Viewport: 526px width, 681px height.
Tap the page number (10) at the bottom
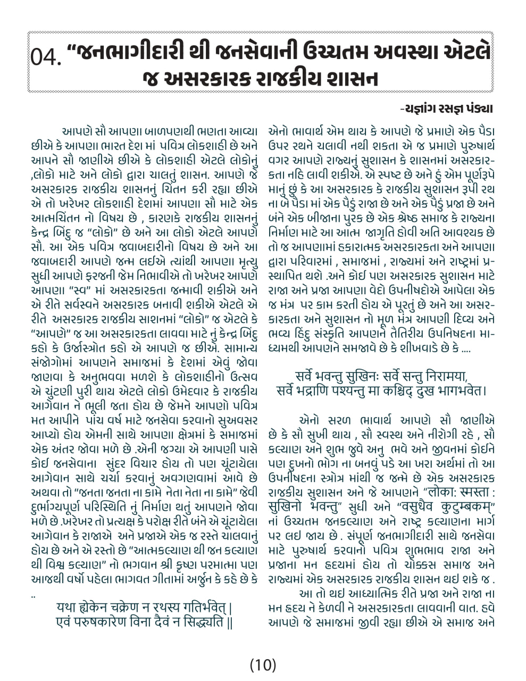tap(263, 664)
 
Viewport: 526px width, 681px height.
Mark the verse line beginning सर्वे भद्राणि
tap(382, 391)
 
